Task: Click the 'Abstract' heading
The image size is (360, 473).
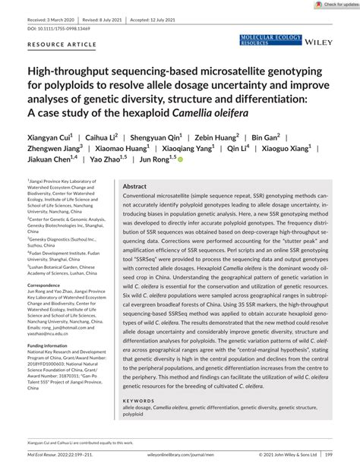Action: point(134,185)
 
